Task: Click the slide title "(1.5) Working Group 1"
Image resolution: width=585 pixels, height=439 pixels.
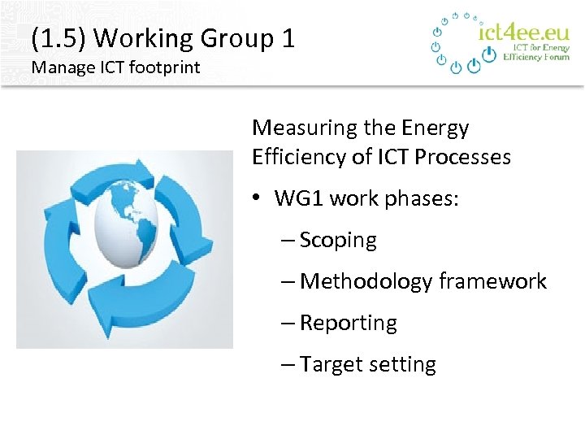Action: (x=162, y=38)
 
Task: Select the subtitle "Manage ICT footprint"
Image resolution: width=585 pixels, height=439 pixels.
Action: (x=115, y=67)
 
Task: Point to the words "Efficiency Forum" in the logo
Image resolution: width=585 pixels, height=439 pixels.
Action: (x=536, y=58)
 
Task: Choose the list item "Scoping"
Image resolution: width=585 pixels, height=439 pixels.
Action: (x=338, y=241)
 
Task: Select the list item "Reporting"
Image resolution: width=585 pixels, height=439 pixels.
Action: (x=348, y=324)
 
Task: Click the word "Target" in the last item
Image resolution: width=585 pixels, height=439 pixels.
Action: (x=330, y=365)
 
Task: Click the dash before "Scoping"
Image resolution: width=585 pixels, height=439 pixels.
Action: (x=287, y=241)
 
